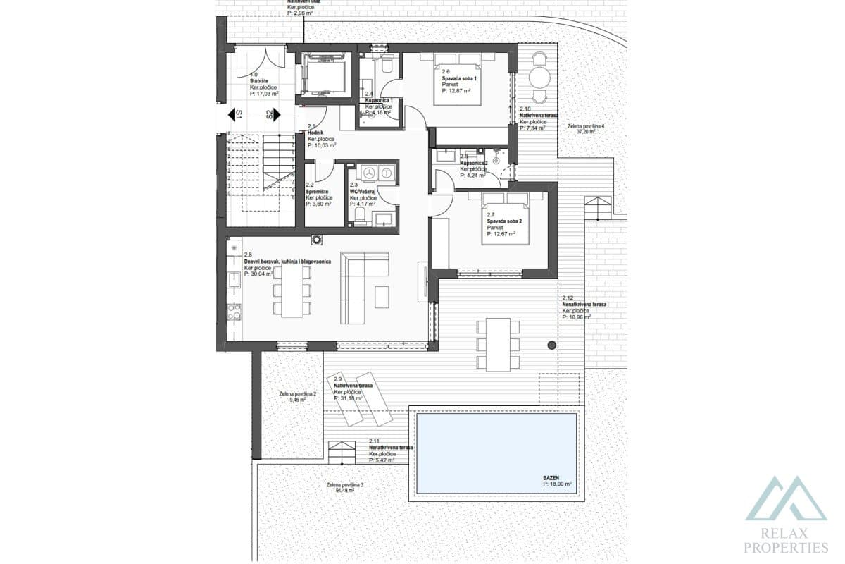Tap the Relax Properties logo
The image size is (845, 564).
[786, 515]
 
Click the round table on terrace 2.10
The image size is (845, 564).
[540, 75]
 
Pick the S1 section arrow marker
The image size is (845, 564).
[234, 114]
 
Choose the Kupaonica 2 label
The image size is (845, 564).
[474, 163]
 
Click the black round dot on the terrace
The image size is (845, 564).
[552, 344]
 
